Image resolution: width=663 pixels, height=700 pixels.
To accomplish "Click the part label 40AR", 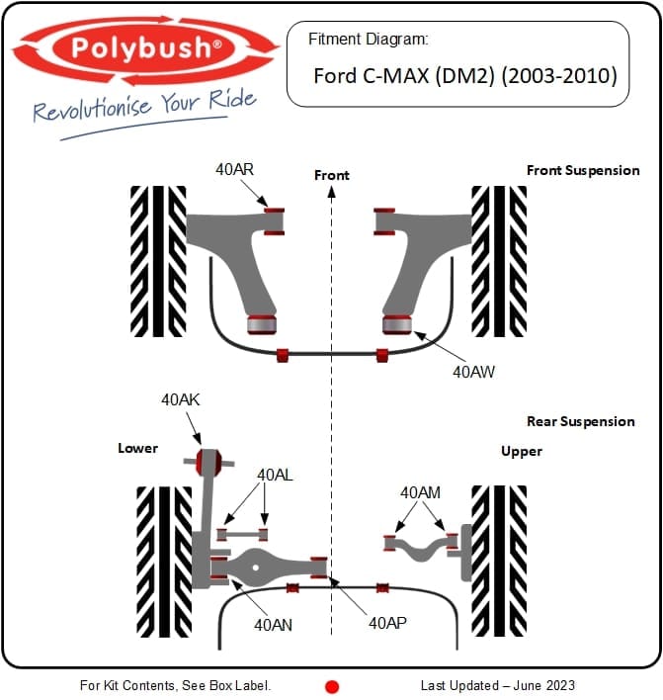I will (235, 169).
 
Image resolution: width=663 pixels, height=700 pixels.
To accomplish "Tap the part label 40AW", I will (473, 372).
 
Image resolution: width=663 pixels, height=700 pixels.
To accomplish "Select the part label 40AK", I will (181, 399).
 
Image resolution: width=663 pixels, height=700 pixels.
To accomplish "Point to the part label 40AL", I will (274, 475).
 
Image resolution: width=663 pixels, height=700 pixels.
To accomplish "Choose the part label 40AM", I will (420, 491).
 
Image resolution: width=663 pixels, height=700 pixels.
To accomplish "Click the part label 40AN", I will (274, 624).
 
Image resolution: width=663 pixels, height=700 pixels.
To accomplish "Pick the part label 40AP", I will (388, 624).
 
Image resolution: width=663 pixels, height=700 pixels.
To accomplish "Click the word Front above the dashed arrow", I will (332, 175).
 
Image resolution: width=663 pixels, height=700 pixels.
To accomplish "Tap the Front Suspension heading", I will (583, 170).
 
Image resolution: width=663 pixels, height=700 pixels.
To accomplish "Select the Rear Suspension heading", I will (581, 421).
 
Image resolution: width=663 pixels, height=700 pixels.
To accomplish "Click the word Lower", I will (137, 448).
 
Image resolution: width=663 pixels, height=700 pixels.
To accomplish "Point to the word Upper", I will (522, 451).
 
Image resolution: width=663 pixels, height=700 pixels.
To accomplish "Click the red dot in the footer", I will (333, 686).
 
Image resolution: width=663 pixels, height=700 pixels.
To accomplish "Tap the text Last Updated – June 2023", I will (497, 685).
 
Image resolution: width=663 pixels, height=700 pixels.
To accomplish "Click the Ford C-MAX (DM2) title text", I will (464, 75).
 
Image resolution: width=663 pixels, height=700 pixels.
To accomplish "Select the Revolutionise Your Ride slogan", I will (144, 106).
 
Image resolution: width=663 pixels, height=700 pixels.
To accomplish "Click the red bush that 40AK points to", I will (207, 461).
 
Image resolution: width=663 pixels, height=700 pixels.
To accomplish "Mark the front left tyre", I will (158, 261).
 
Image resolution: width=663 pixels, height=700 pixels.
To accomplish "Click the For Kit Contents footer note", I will (175, 685).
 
